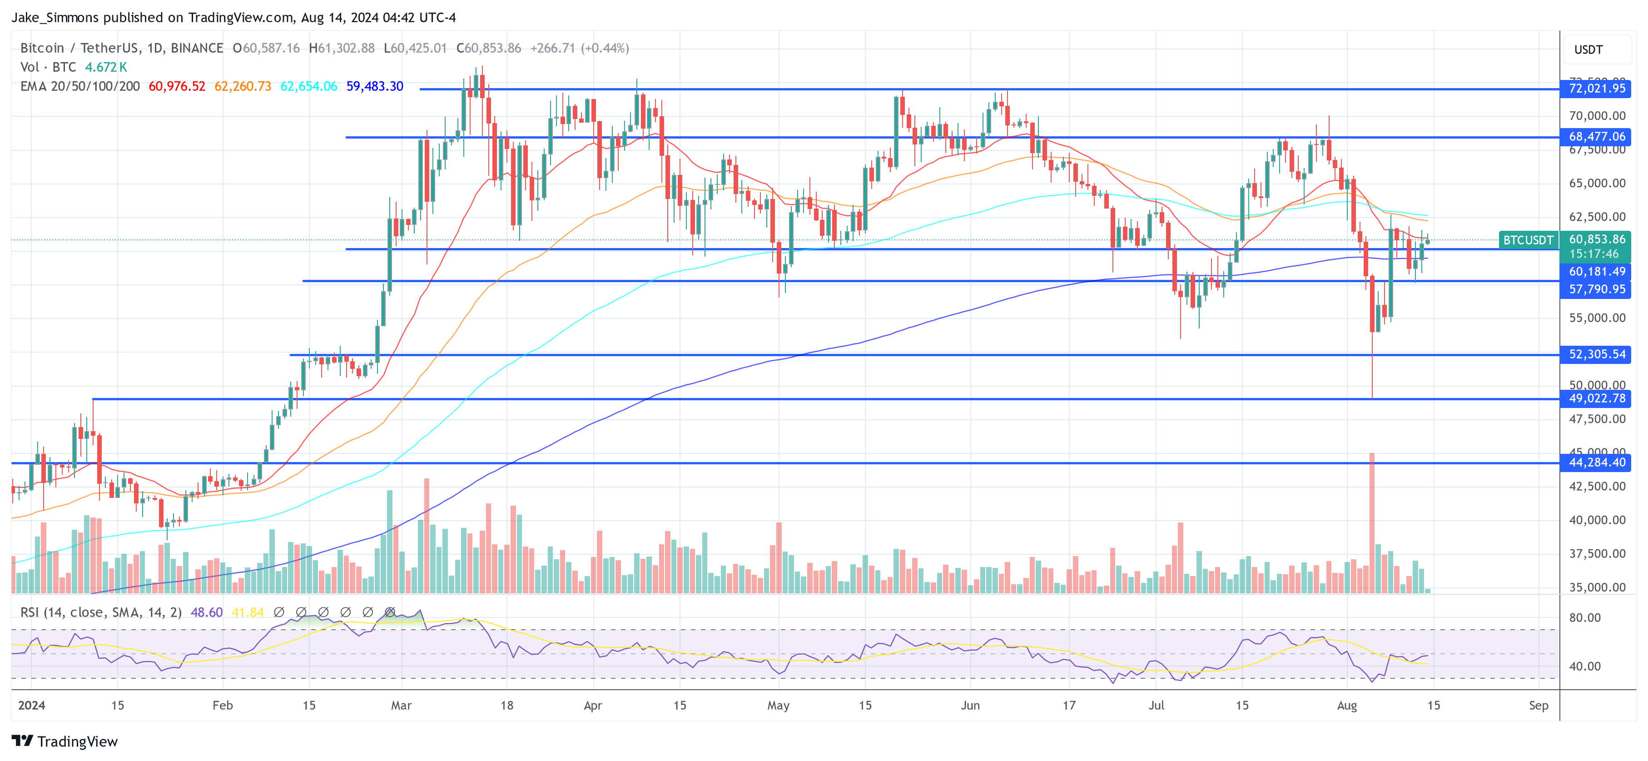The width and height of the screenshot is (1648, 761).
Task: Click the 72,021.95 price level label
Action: (x=1596, y=88)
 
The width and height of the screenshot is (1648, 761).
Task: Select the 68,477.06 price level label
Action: (x=1596, y=137)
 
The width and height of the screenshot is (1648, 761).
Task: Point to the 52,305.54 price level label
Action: (x=1596, y=354)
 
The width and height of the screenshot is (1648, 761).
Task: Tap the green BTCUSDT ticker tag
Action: (x=1528, y=240)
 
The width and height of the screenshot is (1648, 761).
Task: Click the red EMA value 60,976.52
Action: (x=177, y=86)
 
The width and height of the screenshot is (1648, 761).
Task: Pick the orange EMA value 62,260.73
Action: (x=243, y=86)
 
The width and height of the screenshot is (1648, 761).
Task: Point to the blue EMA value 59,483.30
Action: (x=374, y=86)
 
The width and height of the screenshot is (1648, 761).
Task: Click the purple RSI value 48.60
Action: (x=206, y=612)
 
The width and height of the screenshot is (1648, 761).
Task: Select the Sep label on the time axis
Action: (x=1538, y=705)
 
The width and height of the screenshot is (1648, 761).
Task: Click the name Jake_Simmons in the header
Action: (x=55, y=17)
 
